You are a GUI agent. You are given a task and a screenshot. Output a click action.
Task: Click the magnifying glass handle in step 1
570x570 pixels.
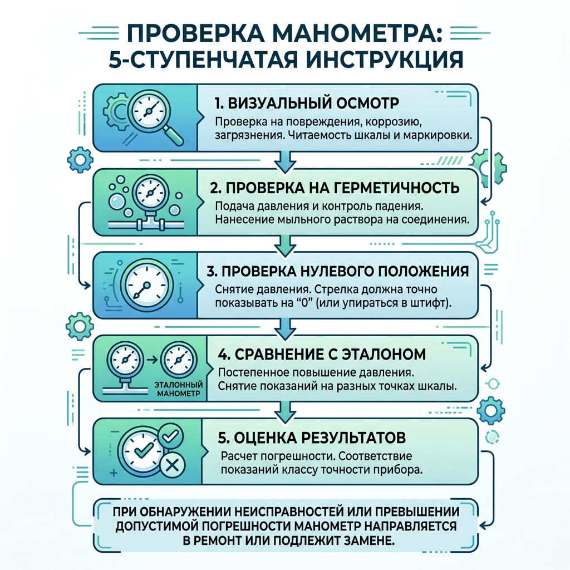tap(174, 135)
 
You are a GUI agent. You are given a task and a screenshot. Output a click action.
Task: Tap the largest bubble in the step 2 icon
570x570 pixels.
tap(117, 201)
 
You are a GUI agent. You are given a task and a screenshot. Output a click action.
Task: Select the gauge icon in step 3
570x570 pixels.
tap(146, 286)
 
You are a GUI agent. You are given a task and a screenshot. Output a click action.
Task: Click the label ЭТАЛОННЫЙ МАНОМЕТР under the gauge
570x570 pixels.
tap(179, 389)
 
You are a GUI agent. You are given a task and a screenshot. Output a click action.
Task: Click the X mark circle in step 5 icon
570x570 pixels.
tap(171, 465)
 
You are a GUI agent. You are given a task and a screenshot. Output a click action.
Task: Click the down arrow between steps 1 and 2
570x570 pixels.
tap(284, 162)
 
